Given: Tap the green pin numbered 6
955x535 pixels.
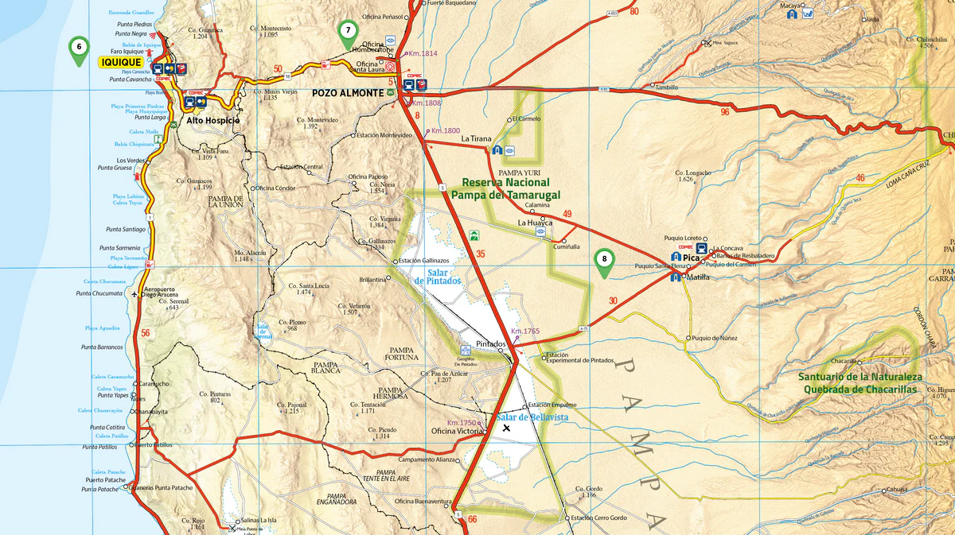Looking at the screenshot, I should pyautogui.click(x=78, y=48).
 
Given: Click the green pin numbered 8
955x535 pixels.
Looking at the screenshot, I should pyautogui.click(x=605, y=260).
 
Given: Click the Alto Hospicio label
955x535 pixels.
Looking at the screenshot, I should pyautogui.click(x=212, y=121).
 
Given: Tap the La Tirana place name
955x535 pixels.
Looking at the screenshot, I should pyautogui.click(x=477, y=139).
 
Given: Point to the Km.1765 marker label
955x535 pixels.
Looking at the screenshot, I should pyautogui.click(x=525, y=331).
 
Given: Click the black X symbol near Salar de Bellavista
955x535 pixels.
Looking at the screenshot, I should pyautogui.click(x=506, y=428).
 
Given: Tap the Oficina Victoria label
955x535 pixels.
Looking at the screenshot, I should pyautogui.click(x=456, y=432).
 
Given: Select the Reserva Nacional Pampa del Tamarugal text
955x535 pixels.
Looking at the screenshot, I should pyautogui.click(x=505, y=188).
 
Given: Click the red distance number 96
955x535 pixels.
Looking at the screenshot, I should pyautogui.click(x=724, y=112).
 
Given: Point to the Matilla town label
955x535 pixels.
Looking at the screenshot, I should pyautogui.click(x=698, y=277).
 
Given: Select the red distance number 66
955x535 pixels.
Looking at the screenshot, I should pyautogui.click(x=473, y=520).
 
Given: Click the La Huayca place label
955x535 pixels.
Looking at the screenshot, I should pyautogui.click(x=536, y=223).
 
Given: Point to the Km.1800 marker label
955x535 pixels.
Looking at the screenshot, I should pyautogui.click(x=446, y=130).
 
